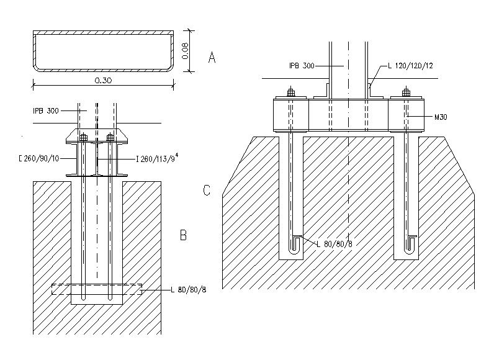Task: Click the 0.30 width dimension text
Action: pyautogui.click(x=104, y=80)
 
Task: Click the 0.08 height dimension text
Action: pyautogui.click(x=185, y=51)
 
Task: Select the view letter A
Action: pyautogui.click(x=212, y=58)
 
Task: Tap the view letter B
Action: pyautogui.click(x=183, y=235)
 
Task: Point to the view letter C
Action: pyautogui.click(x=207, y=190)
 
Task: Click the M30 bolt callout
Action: pyautogui.click(x=441, y=117)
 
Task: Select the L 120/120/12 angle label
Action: pyautogui.click(x=410, y=66)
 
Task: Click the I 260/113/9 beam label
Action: pyautogui.click(x=157, y=158)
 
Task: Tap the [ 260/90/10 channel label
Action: pyautogui.click(x=39, y=158)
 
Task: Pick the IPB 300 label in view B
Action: pyautogui.click(x=46, y=111)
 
